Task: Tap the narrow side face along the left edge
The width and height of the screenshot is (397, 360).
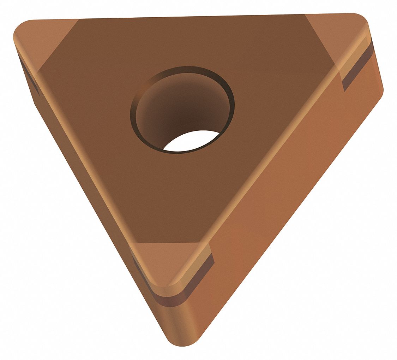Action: click(x=88, y=198)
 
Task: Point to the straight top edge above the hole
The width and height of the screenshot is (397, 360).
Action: click(x=184, y=18)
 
